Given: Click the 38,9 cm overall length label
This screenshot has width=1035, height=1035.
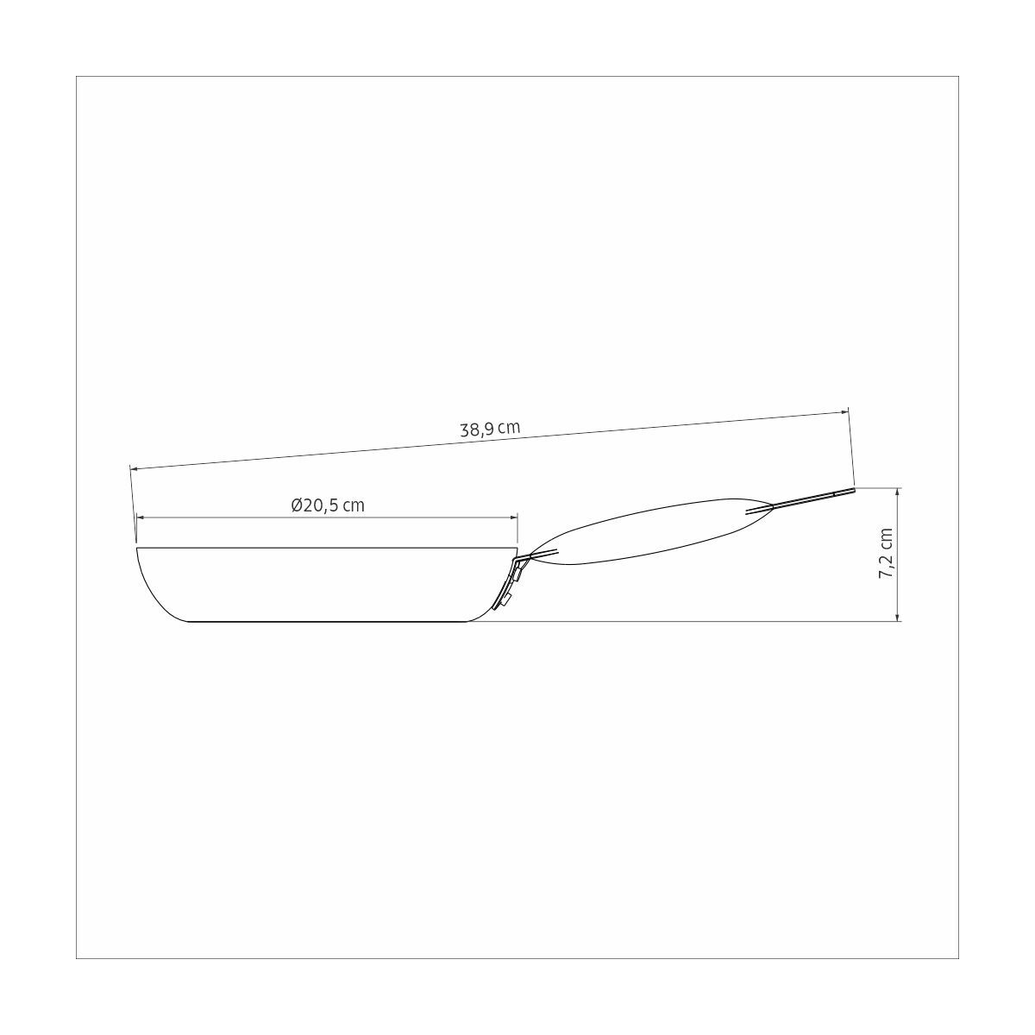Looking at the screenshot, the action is point(490,430).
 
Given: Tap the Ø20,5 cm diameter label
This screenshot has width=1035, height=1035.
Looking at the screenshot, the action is point(328,506).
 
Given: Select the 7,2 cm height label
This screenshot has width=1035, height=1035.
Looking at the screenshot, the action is point(885,553).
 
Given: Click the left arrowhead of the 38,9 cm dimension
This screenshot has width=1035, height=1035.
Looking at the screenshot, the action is point(135,469).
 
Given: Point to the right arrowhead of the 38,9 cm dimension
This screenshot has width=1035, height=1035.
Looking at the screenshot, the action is point(844,412).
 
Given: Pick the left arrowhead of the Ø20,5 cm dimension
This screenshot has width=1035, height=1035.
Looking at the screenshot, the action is point(141,517).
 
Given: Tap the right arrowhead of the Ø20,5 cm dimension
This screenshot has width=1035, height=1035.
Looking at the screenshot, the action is point(513,517).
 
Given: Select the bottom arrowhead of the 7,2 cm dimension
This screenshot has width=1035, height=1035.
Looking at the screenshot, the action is point(898,617).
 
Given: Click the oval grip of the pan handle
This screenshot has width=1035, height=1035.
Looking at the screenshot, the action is point(650,530).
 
